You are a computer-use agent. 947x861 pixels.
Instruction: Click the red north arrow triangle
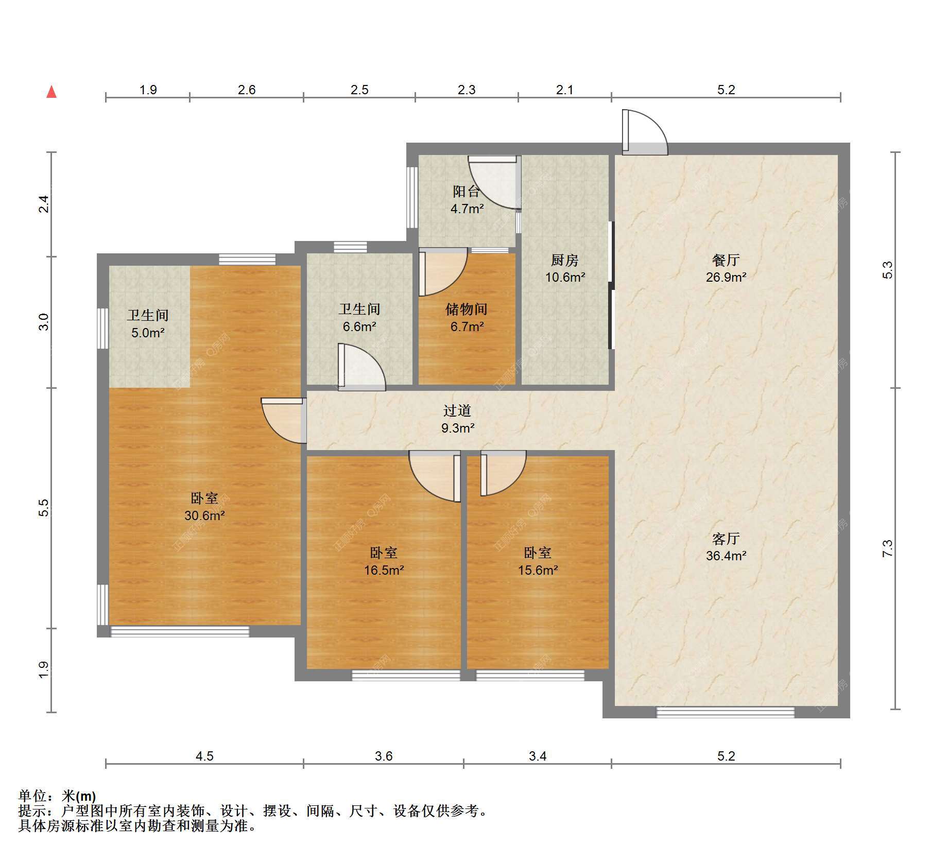(51, 92)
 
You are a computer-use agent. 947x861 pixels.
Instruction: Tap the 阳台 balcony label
(467, 192)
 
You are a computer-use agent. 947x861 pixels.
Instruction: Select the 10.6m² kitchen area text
(565, 278)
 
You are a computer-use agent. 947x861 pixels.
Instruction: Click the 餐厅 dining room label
(726, 260)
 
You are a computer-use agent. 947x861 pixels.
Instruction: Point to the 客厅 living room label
(726, 539)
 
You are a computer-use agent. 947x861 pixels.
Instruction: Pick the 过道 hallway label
(457, 410)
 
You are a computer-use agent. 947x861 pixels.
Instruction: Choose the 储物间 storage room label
(467, 309)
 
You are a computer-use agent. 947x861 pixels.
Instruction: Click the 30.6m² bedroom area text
(204, 515)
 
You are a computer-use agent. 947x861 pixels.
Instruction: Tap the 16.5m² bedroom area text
(384, 570)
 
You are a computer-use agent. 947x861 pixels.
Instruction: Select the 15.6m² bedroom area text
(538, 570)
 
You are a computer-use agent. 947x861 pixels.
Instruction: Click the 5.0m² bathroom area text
(148, 333)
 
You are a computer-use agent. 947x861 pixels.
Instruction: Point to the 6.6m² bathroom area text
(359, 326)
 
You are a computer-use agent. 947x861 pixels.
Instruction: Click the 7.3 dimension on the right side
(887, 548)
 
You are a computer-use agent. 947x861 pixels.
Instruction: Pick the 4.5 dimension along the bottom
(204, 756)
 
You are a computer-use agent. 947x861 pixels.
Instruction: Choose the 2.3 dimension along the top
(467, 90)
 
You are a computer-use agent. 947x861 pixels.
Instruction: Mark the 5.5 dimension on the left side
(44, 508)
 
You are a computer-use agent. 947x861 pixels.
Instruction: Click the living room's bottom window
(725, 713)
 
